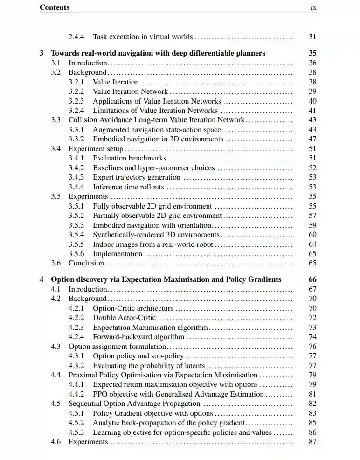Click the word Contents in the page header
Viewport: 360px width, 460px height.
(55, 7)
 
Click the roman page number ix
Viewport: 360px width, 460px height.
(313, 7)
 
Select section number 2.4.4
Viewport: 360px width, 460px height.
(76, 36)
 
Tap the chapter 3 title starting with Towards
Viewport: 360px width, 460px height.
(158, 53)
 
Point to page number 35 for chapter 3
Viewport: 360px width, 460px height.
(312, 53)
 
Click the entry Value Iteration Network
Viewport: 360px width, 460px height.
(130, 91)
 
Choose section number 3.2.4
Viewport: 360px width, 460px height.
(76, 111)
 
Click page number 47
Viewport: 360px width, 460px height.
(312, 139)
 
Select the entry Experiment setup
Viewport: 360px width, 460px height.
(96, 149)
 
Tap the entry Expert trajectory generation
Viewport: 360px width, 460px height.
(136, 177)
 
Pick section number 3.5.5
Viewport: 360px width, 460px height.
(76, 244)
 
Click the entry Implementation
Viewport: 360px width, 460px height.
(118, 254)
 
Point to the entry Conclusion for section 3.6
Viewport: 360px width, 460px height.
(86, 263)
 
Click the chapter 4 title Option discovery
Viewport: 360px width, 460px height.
(166, 279)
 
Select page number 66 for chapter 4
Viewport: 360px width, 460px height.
(312, 279)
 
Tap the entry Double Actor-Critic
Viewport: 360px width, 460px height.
(124, 318)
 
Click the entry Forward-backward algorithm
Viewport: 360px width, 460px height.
(138, 337)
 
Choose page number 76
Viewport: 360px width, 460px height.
(312, 347)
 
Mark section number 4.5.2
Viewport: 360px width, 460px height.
(76, 423)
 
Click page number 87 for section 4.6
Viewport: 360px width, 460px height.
(312, 442)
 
